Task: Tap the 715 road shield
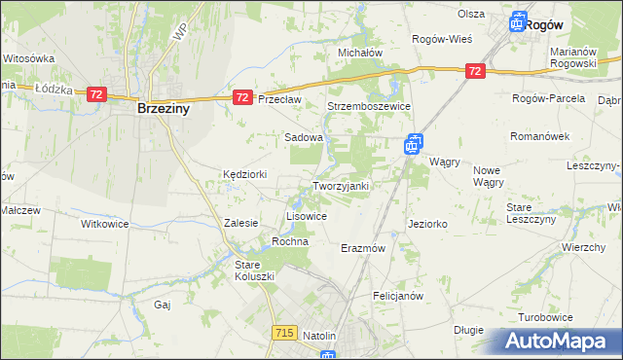[x=284, y=333]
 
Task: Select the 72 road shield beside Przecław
[x=242, y=97]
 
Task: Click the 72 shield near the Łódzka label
[x=95, y=94]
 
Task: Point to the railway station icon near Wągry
[x=413, y=144]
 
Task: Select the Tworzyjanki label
[x=340, y=186]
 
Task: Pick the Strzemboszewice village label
[x=369, y=106]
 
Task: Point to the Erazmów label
[x=364, y=248]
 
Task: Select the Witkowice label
[x=104, y=223]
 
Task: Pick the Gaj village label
[x=163, y=305]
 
